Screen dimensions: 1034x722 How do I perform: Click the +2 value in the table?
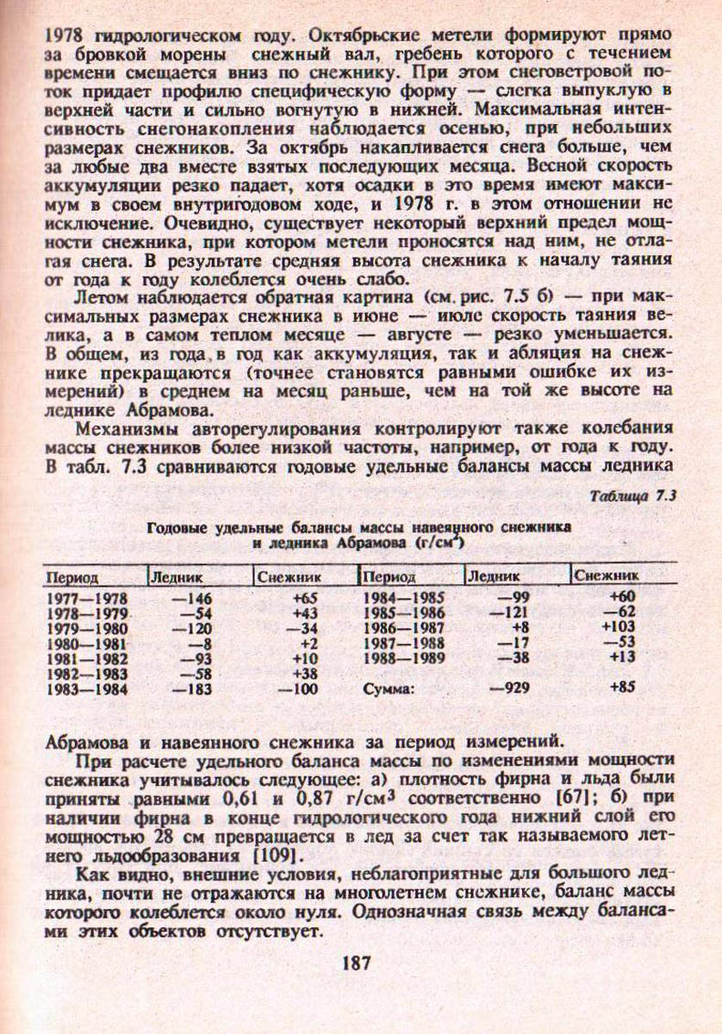pyautogui.click(x=304, y=643)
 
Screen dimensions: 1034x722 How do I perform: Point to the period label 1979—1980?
pyautogui.click(x=86, y=628)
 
